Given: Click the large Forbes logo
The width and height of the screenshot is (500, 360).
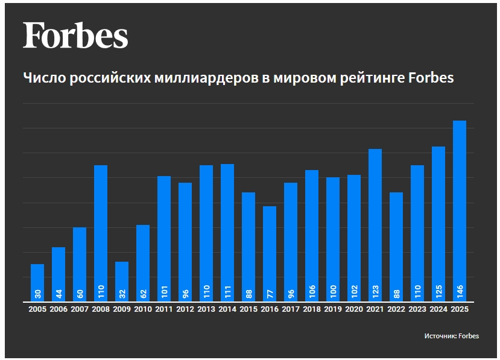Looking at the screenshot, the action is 75,35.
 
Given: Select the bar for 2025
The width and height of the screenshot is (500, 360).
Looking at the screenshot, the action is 460,211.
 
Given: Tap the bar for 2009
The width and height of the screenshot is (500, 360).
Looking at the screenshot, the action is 122,282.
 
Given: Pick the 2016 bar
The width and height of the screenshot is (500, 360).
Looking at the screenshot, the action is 270,254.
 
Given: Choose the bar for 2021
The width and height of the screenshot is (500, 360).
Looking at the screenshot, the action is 375,225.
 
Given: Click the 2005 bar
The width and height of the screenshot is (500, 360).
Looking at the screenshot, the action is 37,283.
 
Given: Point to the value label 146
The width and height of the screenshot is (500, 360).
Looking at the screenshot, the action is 460,292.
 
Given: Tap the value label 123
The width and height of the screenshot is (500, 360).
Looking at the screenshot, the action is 375,292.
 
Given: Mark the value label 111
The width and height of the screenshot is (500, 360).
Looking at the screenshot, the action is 227,292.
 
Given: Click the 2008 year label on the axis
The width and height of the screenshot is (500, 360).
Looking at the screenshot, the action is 101,309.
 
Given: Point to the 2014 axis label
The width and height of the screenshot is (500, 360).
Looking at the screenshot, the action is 227,309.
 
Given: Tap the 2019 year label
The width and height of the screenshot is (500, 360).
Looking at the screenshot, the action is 333,309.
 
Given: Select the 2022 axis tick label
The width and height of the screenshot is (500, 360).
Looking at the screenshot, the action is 396,309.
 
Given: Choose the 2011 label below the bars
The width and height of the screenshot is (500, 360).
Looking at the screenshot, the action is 164,309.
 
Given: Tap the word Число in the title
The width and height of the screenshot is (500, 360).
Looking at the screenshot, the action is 44,77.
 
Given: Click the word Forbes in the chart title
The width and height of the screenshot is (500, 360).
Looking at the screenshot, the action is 431,77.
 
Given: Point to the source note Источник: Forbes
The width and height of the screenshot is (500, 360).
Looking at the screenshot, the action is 452,336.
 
